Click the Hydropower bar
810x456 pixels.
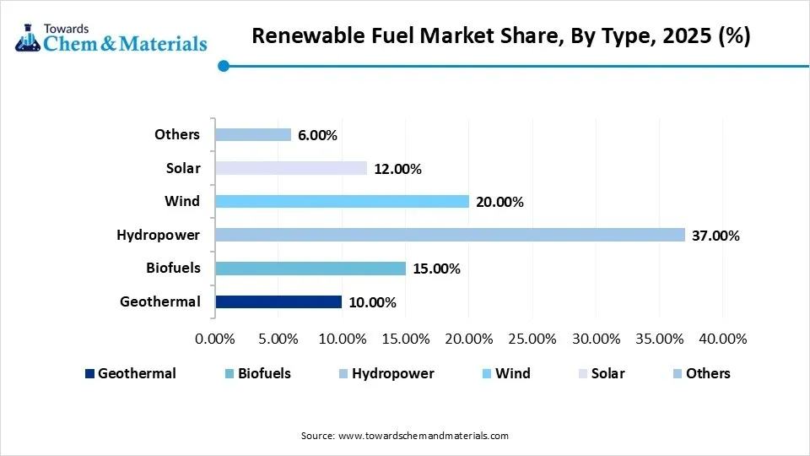click(450, 235)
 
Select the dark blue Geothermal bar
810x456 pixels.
click(278, 301)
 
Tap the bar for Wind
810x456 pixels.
click(342, 201)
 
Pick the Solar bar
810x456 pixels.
click(291, 168)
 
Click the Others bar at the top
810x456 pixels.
click(253, 134)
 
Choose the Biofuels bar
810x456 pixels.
click(310, 269)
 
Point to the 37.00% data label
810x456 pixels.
click(715, 236)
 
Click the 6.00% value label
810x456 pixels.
click(317, 135)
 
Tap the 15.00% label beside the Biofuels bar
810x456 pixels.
click(435, 269)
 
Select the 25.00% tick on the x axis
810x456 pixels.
click(532, 339)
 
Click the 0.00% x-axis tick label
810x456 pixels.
click(215, 339)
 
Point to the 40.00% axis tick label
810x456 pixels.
click(722, 339)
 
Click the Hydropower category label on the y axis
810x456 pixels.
click(159, 235)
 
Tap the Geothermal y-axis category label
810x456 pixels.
click(160, 301)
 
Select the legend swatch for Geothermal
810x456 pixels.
click(90, 373)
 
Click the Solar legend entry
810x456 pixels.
click(607, 373)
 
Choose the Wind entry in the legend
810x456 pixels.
click(512, 373)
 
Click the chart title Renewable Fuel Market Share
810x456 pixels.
click(500, 37)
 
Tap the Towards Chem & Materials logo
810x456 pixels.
click(111, 35)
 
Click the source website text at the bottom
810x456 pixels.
click(405, 436)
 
